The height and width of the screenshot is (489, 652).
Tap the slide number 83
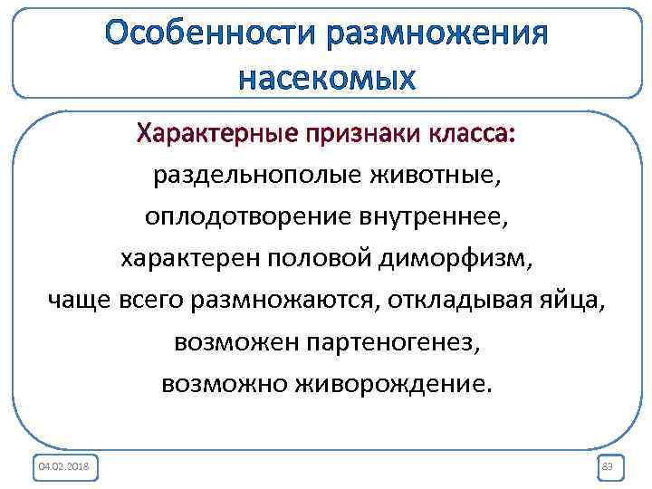pos(607,466)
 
